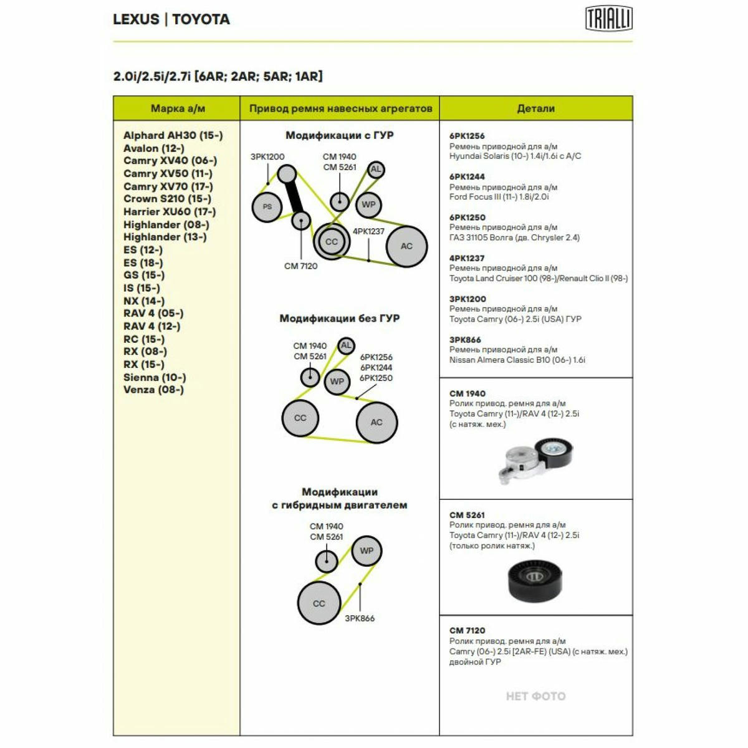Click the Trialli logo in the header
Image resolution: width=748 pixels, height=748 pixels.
(608, 18)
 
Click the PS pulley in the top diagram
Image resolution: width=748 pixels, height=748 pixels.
(267, 207)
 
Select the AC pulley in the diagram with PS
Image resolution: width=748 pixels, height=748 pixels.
(406, 246)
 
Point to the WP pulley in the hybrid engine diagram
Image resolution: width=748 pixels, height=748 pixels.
(367, 550)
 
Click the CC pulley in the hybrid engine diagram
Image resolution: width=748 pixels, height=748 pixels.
(319, 603)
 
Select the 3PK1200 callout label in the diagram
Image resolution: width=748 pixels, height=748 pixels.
(267, 156)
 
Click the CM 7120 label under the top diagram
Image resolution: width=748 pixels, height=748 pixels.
(300, 266)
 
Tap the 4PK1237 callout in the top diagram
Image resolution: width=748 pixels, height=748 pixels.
(368, 231)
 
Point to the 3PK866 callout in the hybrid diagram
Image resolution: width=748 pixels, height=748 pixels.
(360, 618)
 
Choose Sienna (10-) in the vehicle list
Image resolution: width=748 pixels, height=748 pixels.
(155, 377)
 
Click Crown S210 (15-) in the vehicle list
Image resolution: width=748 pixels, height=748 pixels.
(167, 198)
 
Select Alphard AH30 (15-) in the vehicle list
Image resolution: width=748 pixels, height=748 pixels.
(173, 135)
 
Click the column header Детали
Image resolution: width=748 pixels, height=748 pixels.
(535, 108)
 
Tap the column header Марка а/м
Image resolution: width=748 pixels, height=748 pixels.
(178, 108)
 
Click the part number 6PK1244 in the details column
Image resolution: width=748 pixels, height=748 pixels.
(467, 176)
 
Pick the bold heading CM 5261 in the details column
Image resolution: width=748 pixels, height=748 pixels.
(467, 515)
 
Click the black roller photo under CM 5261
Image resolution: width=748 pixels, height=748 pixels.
(534, 581)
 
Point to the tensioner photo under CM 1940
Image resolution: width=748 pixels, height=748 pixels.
(535, 461)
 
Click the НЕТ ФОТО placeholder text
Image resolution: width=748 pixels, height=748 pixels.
(535, 696)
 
